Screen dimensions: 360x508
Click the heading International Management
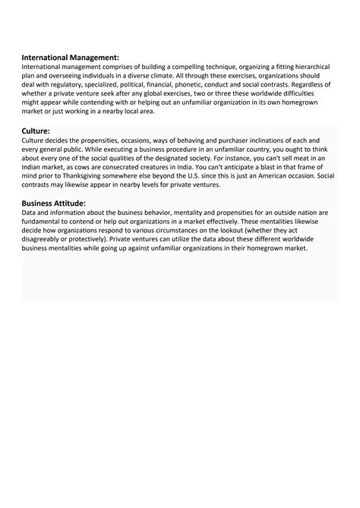coord(70,57)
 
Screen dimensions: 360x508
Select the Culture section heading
coord(36,131)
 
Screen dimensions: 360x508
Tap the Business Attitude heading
coord(53,203)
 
